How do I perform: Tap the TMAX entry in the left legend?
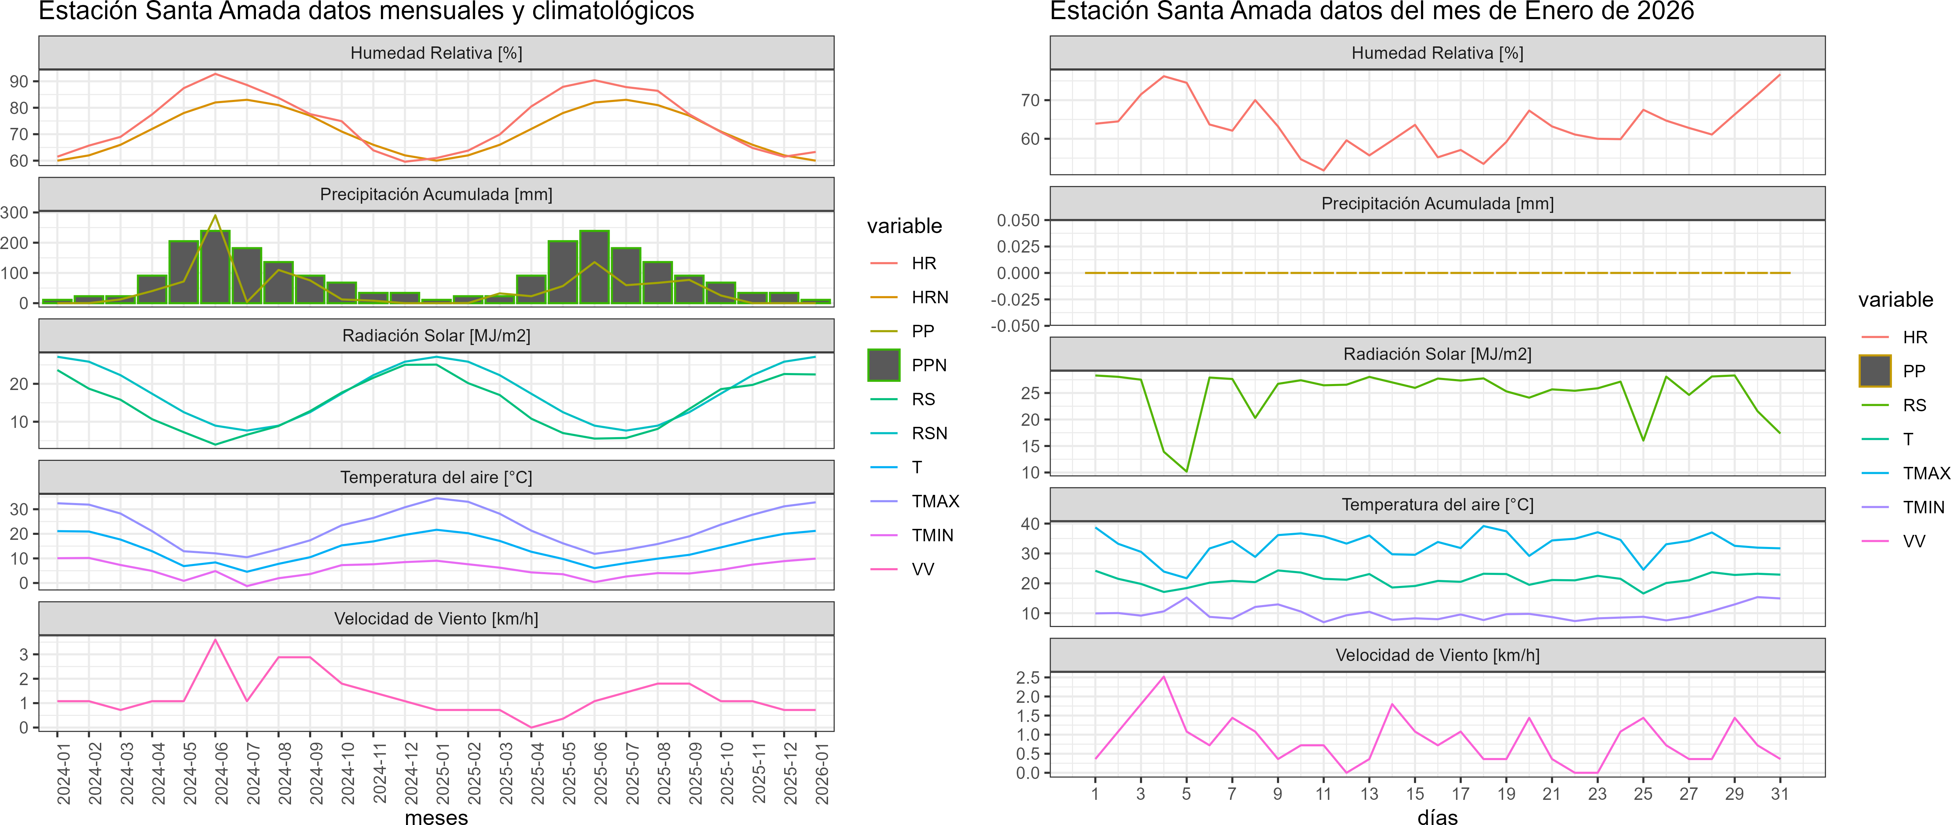(935, 502)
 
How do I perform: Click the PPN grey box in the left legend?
(884, 365)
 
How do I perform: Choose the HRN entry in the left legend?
(929, 297)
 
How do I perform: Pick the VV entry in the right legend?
(1914, 541)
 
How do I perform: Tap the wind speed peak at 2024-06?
(215, 640)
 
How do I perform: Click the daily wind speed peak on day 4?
(1163, 677)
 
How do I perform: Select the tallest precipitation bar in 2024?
(215, 267)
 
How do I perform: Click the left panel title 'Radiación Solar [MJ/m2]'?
(436, 335)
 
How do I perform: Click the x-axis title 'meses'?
(436, 816)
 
